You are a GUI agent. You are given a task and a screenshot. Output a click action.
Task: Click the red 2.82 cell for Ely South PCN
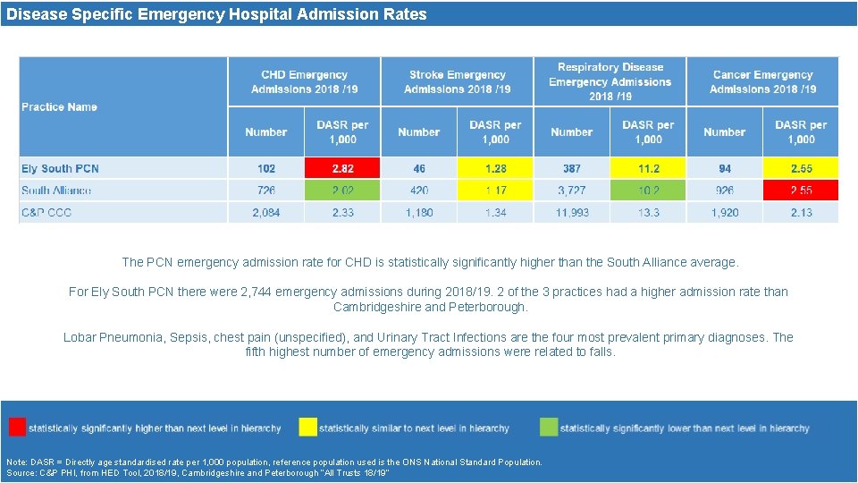tap(342, 168)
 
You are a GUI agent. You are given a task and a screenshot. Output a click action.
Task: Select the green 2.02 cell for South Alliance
tap(342, 191)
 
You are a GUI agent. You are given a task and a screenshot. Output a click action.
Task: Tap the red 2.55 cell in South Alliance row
tap(801, 191)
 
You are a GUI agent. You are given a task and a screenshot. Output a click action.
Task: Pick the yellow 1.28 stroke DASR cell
tap(495, 168)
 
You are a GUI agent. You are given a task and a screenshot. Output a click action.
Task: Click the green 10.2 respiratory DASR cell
tap(648, 191)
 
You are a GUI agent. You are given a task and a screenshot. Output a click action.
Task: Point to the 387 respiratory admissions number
tap(572, 168)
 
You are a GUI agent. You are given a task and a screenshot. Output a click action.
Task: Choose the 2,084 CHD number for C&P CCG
tap(266, 213)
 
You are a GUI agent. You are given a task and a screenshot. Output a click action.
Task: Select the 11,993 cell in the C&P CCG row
tap(572, 213)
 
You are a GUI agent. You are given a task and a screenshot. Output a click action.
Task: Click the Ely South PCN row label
tap(60, 168)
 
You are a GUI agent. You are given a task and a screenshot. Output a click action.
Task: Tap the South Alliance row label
tap(56, 191)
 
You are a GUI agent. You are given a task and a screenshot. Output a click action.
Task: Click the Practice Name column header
tap(59, 107)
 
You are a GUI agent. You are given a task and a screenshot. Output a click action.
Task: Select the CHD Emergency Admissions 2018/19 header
tap(304, 82)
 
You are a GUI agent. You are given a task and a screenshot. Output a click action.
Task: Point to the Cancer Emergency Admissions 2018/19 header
tap(762, 82)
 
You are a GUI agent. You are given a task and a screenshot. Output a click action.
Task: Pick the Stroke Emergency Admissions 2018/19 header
tap(457, 82)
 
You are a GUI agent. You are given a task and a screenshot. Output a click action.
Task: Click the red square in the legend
tap(17, 427)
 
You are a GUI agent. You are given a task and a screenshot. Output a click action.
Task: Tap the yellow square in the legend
tap(307, 427)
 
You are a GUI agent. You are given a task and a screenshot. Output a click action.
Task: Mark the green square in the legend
tap(549, 427)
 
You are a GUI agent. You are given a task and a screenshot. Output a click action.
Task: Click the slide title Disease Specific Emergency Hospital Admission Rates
tap(216, 14)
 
